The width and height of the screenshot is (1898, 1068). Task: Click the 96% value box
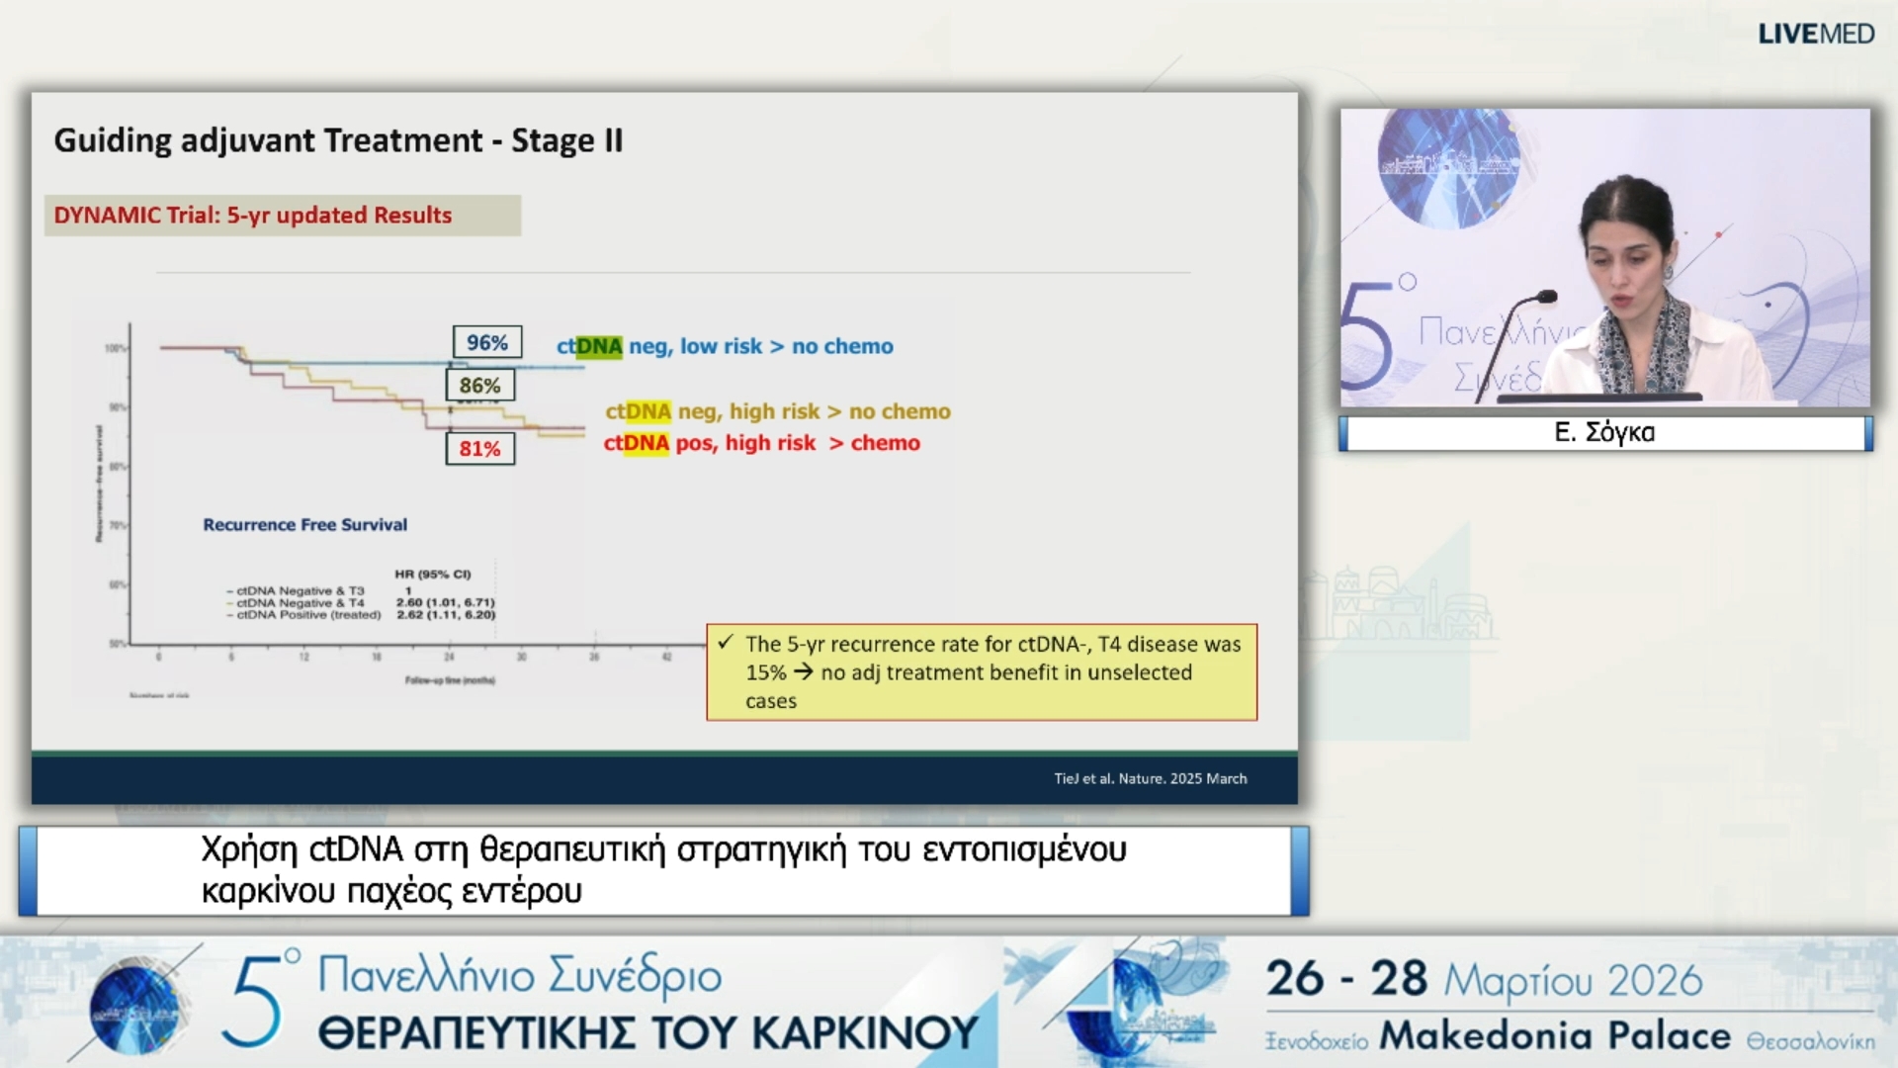pos(487,342)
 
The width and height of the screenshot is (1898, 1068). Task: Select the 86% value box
pos(479,385)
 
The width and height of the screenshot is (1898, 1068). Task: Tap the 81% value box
pos(479,448)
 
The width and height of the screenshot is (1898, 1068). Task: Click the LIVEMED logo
pos(1815,34)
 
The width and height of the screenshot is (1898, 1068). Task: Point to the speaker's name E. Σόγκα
pos(1604,432)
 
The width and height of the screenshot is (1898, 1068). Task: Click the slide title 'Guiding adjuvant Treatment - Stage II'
pos(338,140)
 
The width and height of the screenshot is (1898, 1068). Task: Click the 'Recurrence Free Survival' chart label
pos(304,524)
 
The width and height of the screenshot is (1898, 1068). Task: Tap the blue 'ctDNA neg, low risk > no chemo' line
pos(725,346)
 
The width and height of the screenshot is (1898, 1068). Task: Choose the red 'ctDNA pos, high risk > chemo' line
pos(761,443)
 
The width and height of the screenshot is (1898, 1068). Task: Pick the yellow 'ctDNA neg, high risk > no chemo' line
pos(777,411)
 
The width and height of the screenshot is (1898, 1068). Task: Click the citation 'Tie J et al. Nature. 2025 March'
pos(1150,778)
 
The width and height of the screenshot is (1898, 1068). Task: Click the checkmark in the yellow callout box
pos(726,643)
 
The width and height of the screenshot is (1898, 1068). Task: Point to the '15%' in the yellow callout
pos(765,672)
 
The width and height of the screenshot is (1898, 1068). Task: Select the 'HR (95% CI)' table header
pos(433,574)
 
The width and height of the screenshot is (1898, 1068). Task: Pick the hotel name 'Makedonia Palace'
pos(1555,1035)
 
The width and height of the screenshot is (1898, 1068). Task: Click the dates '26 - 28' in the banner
pos(1346,979)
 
